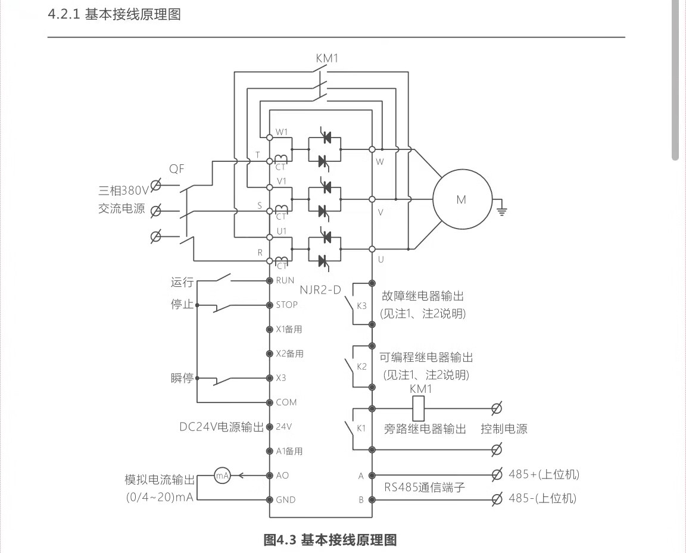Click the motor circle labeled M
click(462, 199)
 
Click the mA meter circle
click(222, 475)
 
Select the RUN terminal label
click(285, 280)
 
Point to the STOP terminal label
click(286, 305)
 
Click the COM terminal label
click(286, 402)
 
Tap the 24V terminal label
click(283, 427)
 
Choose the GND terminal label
click(285, 500)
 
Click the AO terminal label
click(282, 476)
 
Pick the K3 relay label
click(361, 306)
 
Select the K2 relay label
click(361, 366)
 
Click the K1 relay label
click(361, 428)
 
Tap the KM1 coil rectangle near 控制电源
click(419, 408)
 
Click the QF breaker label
click(176, 169)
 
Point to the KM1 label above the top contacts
click(327, 58)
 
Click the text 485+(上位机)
click(544, 474)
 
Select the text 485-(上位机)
click(542, 499)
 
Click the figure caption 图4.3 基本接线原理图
click(330, 540)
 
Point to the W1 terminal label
click(282, 132)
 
